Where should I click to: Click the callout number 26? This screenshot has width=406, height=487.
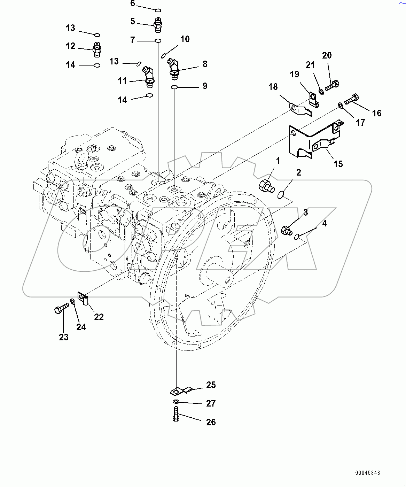point(211,422)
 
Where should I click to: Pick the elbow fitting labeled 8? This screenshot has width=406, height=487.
point(173,68)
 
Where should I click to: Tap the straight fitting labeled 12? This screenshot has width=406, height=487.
point(97,49)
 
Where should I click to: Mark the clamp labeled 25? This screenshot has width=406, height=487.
point(181,391)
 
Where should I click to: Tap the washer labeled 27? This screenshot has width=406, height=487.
point(176,402)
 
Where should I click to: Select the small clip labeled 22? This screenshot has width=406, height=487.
point(84,299)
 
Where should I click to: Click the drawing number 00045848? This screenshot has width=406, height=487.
point(368,473)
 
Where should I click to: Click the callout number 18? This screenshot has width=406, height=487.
point(273,87)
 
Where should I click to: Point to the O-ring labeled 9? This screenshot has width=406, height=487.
point(175,86)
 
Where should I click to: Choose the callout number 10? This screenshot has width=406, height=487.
point(185,39)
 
